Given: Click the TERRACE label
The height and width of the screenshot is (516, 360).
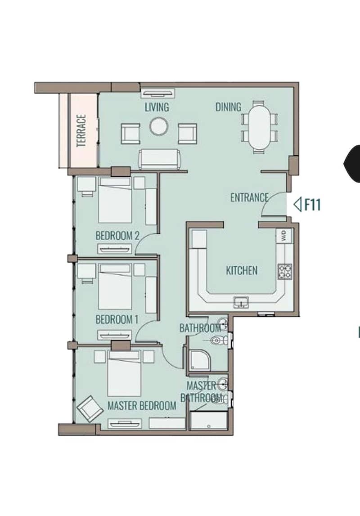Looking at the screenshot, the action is pyautogui.click(x=81, y=130).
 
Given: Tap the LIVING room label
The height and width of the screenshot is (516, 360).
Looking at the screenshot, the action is pyautogui.click(x=157, y=107).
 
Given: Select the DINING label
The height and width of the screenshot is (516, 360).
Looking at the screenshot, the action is pyautogui.click(x=228, y=107).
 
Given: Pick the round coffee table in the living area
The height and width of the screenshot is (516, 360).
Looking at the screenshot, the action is pyautogui.click(x=158, y=126).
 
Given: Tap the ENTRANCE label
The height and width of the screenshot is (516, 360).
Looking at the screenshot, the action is pyautogui.click(x=249, y=197).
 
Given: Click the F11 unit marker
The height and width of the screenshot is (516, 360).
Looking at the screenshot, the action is pyautogui.click(x=307, y=204).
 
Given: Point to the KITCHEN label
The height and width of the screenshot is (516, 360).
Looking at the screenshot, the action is pyautogui.click(x=242, y=270).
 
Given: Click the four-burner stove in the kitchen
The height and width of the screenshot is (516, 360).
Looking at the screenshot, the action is pyautogui.click(x=285, y=272).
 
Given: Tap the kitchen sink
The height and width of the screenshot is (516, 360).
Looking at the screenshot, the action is pyautogui.click(x=242, y=302).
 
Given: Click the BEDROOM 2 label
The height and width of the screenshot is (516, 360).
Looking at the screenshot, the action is pyautogui.click(x=117, y=236).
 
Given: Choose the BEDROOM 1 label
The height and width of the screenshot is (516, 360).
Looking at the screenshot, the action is pyautogui.click(x=117, y=319).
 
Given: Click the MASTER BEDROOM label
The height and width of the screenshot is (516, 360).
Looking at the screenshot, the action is pyautogui.click(x=142, y=405).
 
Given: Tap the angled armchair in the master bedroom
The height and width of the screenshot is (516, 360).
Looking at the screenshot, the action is pyautogui.click(x=88, y=408).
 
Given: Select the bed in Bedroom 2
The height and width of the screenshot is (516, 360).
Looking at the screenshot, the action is pyautogui.click(x=115, y=200).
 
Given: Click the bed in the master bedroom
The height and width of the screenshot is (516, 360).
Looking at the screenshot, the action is pyautogui.click(x=124, y=373).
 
